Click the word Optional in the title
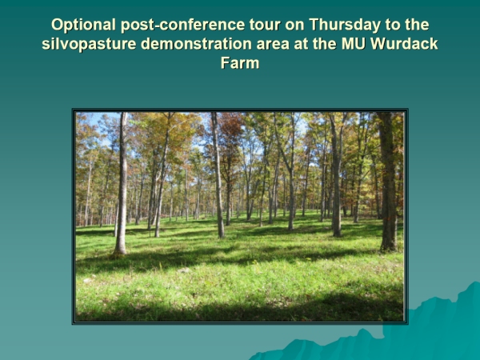click(x=83, y=25)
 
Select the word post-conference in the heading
click(x=182, y=26)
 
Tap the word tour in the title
click(x=265, y=25)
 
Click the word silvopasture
click(x=89, y=45)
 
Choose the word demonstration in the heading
click(x=196, y=44)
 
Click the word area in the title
click(x=273, y=45)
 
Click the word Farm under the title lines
click(x=240, y=63)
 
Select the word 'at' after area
click(x=301, y=45)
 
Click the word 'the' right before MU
click(x=325, y=44)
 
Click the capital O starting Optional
click(x=57, y=25)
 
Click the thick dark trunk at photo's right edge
click(x=388, y=182)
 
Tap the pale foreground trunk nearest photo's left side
click(x=122, y=183)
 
